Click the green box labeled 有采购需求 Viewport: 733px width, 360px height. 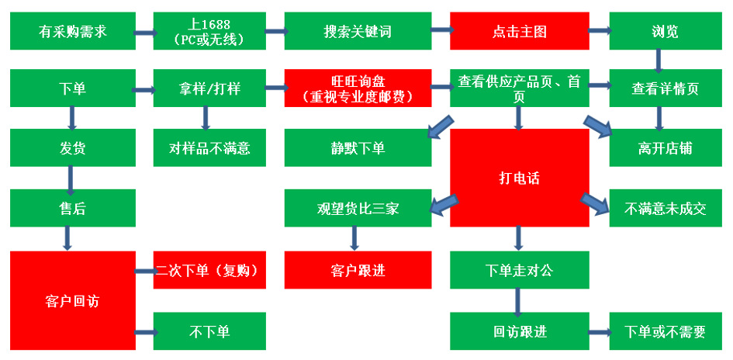point(73,31)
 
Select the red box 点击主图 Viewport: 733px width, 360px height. point(520,31)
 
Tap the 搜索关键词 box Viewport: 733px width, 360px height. point(358,31)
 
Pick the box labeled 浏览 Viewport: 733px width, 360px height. point(666,31)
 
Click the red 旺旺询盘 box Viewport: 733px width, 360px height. point(358,88)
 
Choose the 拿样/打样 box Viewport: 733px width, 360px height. point(209,88)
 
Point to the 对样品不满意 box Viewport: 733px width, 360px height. point(209,147)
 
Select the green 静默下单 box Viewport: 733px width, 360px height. point(358,147)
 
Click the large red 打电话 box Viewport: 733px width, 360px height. point(520,178)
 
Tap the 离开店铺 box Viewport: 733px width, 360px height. point(666,147)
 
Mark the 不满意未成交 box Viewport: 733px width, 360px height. point(666,208)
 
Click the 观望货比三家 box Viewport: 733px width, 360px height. point(358,208)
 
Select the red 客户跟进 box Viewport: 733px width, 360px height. point(358,270)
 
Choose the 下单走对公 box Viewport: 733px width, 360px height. point(520,270)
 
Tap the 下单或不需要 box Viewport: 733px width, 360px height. point(666,331)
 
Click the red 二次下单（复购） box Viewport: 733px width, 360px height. point(209,270)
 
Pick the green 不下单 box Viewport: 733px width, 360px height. point(209,331)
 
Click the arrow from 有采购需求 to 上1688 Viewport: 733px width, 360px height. point(145,33)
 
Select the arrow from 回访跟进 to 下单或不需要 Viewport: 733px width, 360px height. point(600,332)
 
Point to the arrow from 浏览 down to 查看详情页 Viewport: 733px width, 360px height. point(659,61)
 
